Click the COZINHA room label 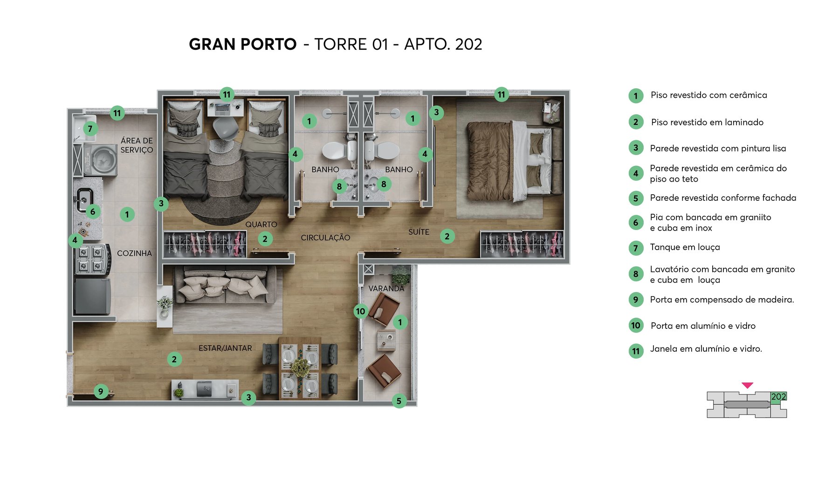(x=134, y=253)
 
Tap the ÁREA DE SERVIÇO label (x=137, y=145)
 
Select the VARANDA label (x=386, y=289)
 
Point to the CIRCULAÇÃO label (x=325, y=238)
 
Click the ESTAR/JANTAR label (x=225, y=348)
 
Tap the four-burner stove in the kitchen (x=91, y=260)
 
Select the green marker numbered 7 (x=90, y=129)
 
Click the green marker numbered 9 (x=101, y=391)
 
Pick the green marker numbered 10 (x=361, y=311)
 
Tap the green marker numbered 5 (x=399, y=401)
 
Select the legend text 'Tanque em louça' (x=685, y=247)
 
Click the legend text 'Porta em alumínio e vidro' (x=703, y=326)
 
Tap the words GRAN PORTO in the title (x=242, y=44)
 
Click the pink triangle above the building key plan (x=747, y=385)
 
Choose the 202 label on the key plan (x=778, y=397)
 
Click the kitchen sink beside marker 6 (x=84, y=198)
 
